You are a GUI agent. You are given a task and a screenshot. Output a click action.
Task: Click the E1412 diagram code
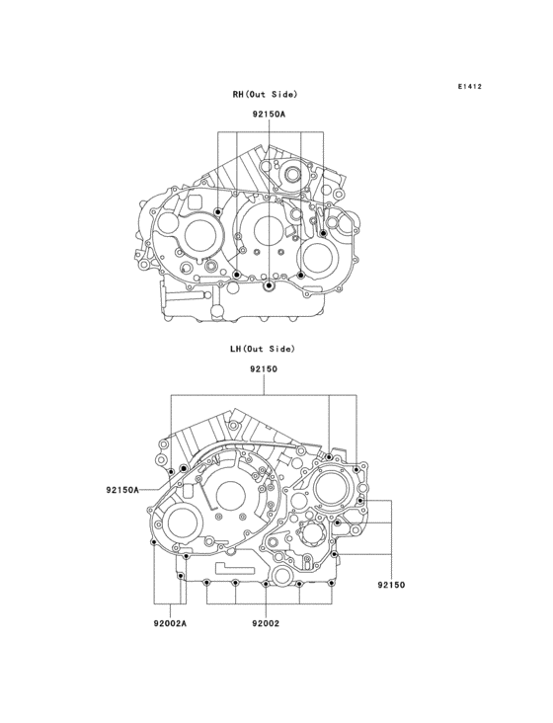pyautogui.click(x=469, y=87)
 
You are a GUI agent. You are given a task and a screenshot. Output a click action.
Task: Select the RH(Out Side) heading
pyautogui.click(x=265, y=95)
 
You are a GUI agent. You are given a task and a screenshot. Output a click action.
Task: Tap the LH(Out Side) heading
pyautogui.click(x=263, y=349)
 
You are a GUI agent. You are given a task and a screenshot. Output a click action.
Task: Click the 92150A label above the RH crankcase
pyautogui.click(x=268, y=115)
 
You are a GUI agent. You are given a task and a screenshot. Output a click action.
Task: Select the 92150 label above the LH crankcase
pyautogui.click(x=263, y=368)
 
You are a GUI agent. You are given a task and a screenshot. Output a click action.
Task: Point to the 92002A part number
pyautogui.click(x=170, y=623)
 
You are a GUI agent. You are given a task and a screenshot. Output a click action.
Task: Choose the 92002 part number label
pyautogui.click(x=265, y=623)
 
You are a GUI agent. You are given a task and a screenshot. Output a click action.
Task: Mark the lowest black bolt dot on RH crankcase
pyautogui.click(x=268, y=286)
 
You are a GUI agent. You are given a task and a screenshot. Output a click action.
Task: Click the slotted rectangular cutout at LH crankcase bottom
pyautogui.click(x=237, y=570)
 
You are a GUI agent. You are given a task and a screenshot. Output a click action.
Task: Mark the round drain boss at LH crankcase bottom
pyautogui.click(x=282, y=576)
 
